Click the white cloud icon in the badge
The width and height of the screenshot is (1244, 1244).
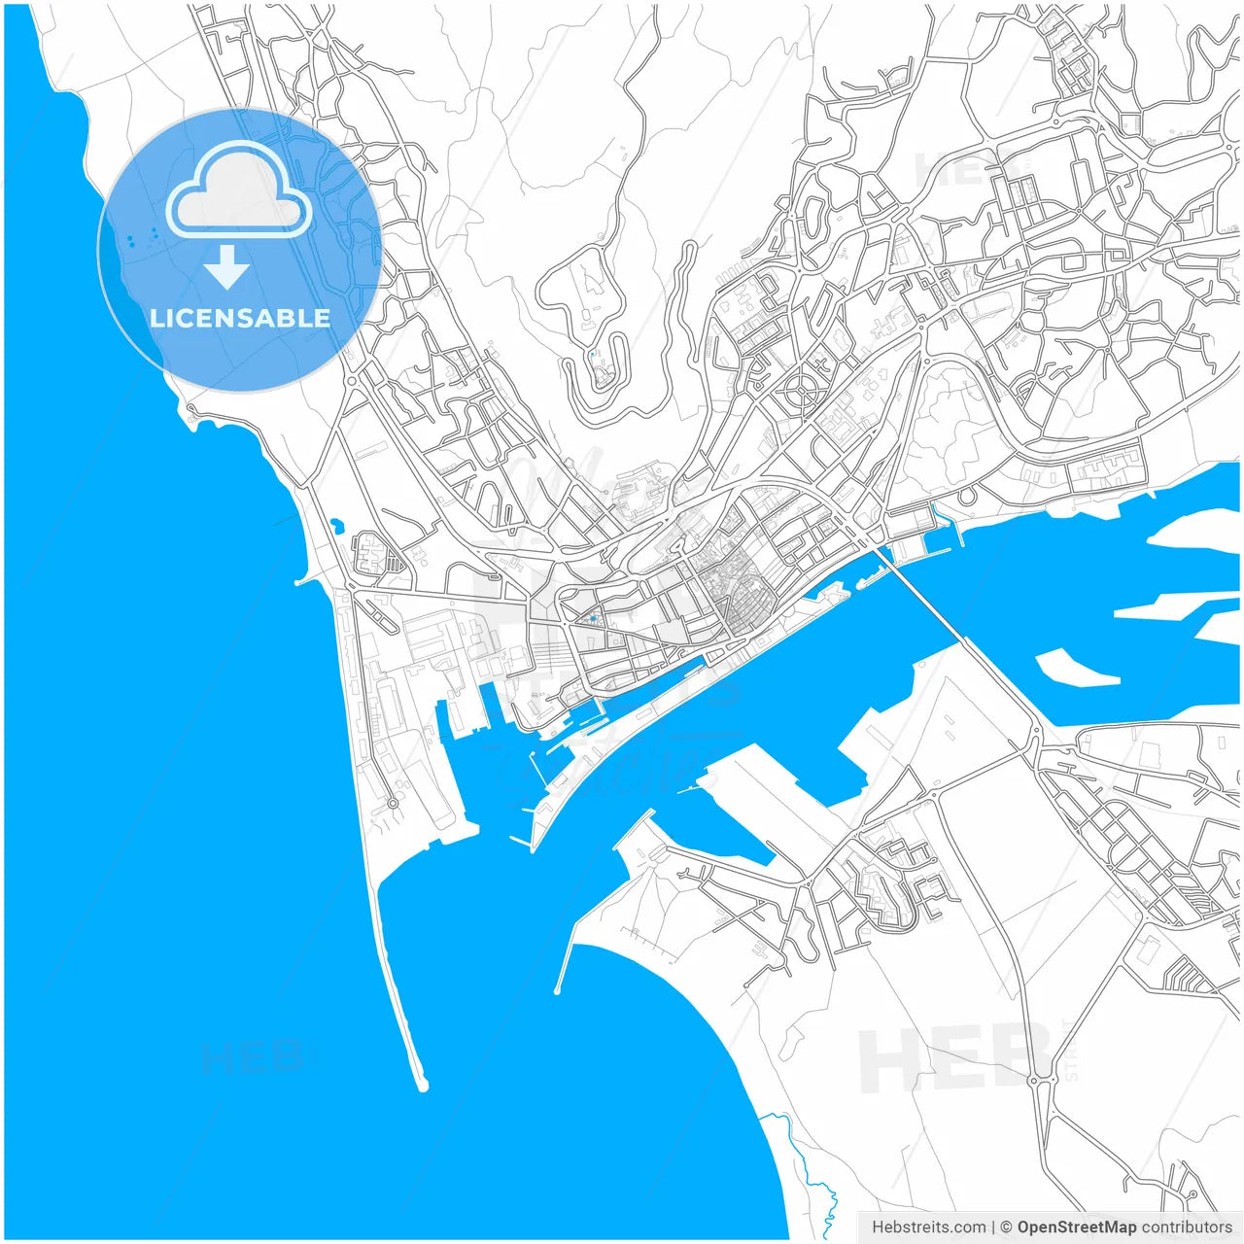[239, 190]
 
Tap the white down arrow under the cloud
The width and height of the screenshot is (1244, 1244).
[227, 267]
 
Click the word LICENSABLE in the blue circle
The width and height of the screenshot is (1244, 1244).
[240, 318]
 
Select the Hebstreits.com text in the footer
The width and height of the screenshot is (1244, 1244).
[928, 1227]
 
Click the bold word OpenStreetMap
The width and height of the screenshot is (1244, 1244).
[1076, 1227]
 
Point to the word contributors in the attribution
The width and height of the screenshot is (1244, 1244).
[1187, 1227]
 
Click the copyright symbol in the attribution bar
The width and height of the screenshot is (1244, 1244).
[1006, 1227]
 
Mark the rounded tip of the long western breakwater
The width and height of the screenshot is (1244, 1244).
[422, 1084]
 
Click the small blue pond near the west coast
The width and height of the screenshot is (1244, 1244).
[336, 526]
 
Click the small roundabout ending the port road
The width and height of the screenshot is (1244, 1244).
[393, 804]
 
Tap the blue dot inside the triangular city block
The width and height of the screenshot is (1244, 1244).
[592, 617]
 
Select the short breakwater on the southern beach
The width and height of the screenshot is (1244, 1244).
[564, 967]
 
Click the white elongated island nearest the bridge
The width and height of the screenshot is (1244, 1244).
[1074, 669]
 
